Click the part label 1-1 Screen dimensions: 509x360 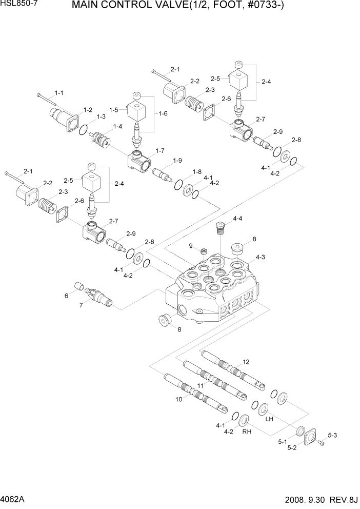[x=59, y=93]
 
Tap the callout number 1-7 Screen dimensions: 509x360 [x=159, y=151]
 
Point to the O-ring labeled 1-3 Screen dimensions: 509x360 [x=84, y=130]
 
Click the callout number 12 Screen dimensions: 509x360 [x=246, y=362]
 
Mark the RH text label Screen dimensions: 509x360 [x=246, y=432]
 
